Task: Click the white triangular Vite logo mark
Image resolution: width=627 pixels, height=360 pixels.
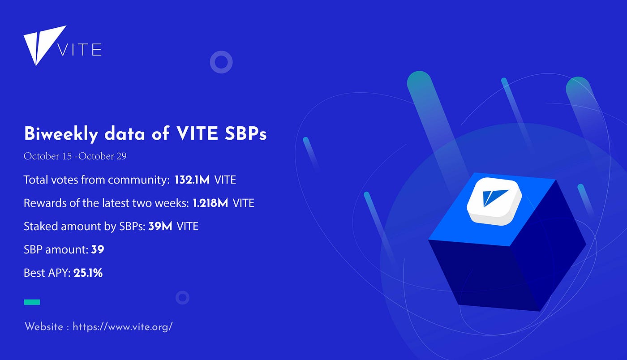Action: click(42, 42)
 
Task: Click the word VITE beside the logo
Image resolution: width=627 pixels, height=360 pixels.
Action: click(80, 50)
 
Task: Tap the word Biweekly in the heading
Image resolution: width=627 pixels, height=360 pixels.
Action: click(61, 134)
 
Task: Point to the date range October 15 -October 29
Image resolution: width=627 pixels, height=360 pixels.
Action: click(75, 156)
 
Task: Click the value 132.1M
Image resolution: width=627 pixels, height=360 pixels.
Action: click(192, 180)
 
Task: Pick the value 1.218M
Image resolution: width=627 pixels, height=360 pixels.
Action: click(210, 203)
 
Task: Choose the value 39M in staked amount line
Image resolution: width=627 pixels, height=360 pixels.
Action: click(160, 226)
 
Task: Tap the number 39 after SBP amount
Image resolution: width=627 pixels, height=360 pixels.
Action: click(98, 249)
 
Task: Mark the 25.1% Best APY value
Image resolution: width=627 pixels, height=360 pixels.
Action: click(88, 273)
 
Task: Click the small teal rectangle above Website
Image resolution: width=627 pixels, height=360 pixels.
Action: click(32, 302)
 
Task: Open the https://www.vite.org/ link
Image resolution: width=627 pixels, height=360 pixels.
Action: click(123, 327)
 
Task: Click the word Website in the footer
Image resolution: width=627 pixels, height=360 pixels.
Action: click(44, 327)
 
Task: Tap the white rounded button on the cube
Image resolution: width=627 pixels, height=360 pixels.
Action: click(494, 201)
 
